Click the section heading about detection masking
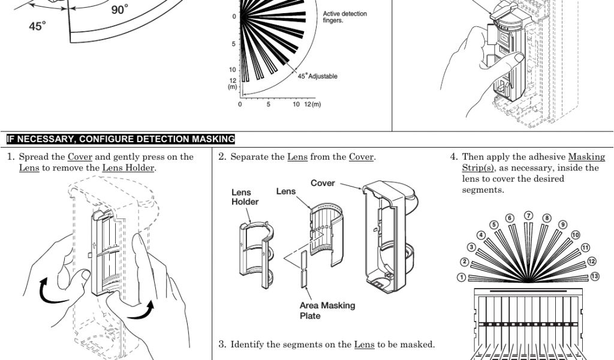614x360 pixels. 121,139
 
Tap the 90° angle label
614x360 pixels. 120,10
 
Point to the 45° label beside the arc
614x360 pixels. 37,27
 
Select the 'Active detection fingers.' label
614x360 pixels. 345,17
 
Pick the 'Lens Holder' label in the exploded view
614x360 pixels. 245,197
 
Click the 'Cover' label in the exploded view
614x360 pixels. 323,183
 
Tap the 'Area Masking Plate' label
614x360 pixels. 327,311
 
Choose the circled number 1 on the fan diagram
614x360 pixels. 461,277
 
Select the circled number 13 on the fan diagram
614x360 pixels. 595,277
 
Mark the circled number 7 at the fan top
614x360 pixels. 528,215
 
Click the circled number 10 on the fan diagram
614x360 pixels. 576,235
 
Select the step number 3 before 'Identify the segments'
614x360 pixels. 222,344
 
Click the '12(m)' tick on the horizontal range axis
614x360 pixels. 312,104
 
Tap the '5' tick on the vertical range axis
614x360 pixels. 233,44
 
